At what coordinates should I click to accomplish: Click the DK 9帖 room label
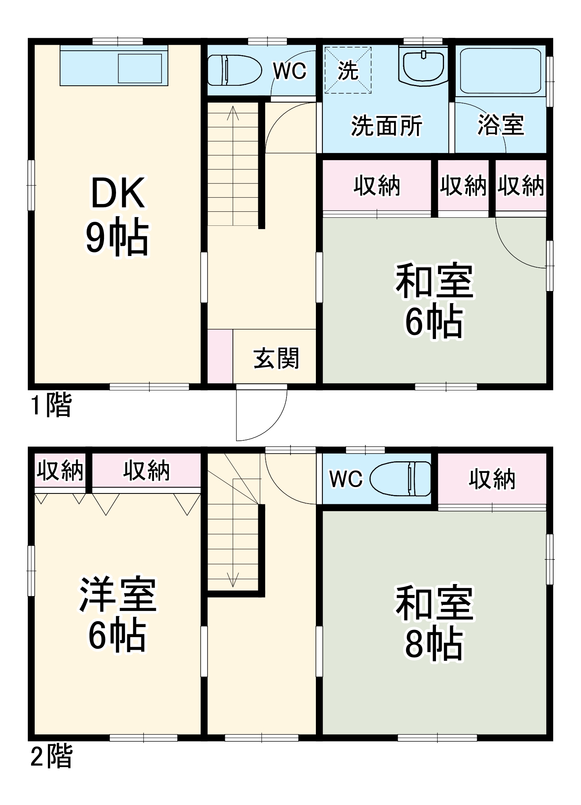117,215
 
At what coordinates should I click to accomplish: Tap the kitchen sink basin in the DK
139,68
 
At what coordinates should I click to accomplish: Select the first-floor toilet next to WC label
234,70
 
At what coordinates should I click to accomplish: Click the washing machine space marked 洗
348,70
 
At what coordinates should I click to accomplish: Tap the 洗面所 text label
386,126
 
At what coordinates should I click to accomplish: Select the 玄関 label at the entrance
276,358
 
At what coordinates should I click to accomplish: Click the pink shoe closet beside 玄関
220,356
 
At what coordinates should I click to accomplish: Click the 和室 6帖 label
434,300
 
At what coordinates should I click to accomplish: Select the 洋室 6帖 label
117,614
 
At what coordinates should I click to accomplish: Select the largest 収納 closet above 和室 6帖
377,186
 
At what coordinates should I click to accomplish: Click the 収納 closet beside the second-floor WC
492,479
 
